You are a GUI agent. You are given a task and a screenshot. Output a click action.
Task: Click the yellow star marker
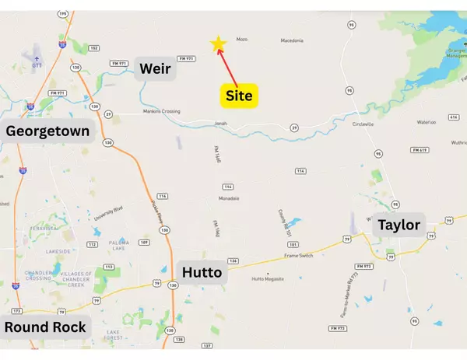coord(219,44)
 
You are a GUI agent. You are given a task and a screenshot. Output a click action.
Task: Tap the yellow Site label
coord(238,96)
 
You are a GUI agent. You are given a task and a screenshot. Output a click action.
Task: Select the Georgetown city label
coord(48,131)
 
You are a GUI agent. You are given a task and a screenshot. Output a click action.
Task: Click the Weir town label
coord(155,69)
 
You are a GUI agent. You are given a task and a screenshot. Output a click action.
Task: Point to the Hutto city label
coord(202,272)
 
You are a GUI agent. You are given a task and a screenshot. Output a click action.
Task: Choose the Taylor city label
coord(399,225)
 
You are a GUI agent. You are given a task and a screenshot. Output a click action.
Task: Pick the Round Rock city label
coord(45,327)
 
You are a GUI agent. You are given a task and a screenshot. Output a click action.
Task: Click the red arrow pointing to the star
coord(227,65)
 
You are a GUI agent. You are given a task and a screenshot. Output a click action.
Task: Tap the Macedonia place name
coord(291,40)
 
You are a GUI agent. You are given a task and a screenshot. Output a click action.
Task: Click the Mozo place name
coord(241,39)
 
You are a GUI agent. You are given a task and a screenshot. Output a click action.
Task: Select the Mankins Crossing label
coord(162,111)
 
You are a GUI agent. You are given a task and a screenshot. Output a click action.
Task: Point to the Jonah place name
coord(221,121)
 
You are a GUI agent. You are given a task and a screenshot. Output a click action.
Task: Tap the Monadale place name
coord(228,198)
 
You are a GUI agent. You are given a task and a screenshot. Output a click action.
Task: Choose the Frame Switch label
coord(299,255)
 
